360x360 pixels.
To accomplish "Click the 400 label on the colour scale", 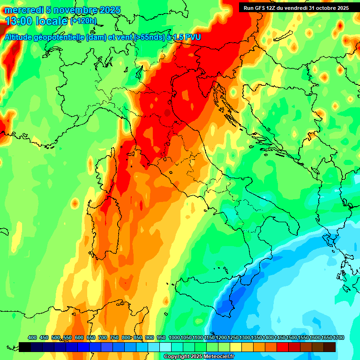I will [x=32, y=338].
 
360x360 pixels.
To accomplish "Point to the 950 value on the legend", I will [x=161, y=338].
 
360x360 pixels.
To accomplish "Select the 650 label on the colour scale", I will [x=91, y=338].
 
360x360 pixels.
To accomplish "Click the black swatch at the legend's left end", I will [x=25, y=347].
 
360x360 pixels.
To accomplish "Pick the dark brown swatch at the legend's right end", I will [x=330, y=347].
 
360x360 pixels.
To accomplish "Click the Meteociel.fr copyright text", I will [x=199, y=357].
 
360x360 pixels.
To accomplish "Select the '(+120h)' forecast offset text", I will [x=83, y=21].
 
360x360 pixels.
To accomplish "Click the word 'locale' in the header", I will [x=52, y=21].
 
